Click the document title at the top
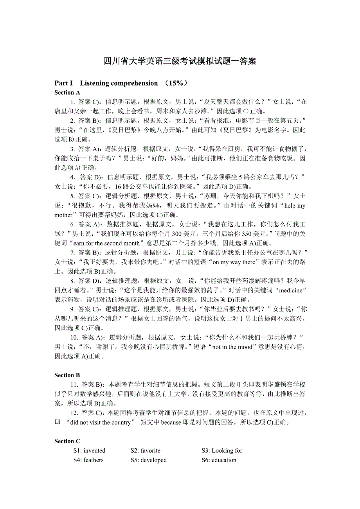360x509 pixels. click(180, 61)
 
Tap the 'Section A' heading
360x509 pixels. click(67, 93)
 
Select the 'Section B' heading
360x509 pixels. click(67, 375)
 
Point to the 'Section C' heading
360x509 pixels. click(67, 441)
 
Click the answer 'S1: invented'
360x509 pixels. click(89, 451)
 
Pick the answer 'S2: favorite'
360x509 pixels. click(145, 451)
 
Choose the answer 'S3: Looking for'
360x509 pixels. click(222, 451)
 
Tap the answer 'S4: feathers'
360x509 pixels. click(88, 460)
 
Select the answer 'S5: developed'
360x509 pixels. click(148, 460)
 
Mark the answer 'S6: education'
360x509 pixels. click(219, 460)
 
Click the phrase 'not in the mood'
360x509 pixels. click(232, 347)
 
